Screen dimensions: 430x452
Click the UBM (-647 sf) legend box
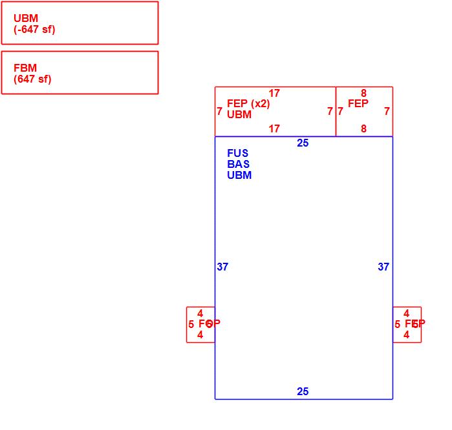pos(80,23)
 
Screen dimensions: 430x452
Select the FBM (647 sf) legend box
pos(80,73)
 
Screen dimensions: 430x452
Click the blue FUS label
pos(237,154)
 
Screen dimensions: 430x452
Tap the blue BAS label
pos(238,165)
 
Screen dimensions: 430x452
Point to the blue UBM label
pos(239,176)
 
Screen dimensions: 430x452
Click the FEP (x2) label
pos(248,104)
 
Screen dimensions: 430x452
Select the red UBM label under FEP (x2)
pos(239,115)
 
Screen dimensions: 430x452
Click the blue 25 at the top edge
pos(303,143)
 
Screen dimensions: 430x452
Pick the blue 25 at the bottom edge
pos(303,392)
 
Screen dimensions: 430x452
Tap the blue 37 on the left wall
pos(222,267)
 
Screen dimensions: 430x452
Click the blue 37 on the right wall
pos(383,267)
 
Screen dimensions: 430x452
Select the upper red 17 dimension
pos(274,94)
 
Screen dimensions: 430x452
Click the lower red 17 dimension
pos(274,129)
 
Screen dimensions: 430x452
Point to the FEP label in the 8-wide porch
pos(358,104)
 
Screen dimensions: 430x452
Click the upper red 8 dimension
pos(363,94)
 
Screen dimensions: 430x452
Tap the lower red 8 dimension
pos(363,129)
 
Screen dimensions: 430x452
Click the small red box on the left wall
pos(200,325)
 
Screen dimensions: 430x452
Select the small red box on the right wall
pos(407,325)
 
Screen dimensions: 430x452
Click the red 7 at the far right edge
pos(387,112)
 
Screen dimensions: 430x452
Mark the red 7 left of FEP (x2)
pos(219,112)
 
